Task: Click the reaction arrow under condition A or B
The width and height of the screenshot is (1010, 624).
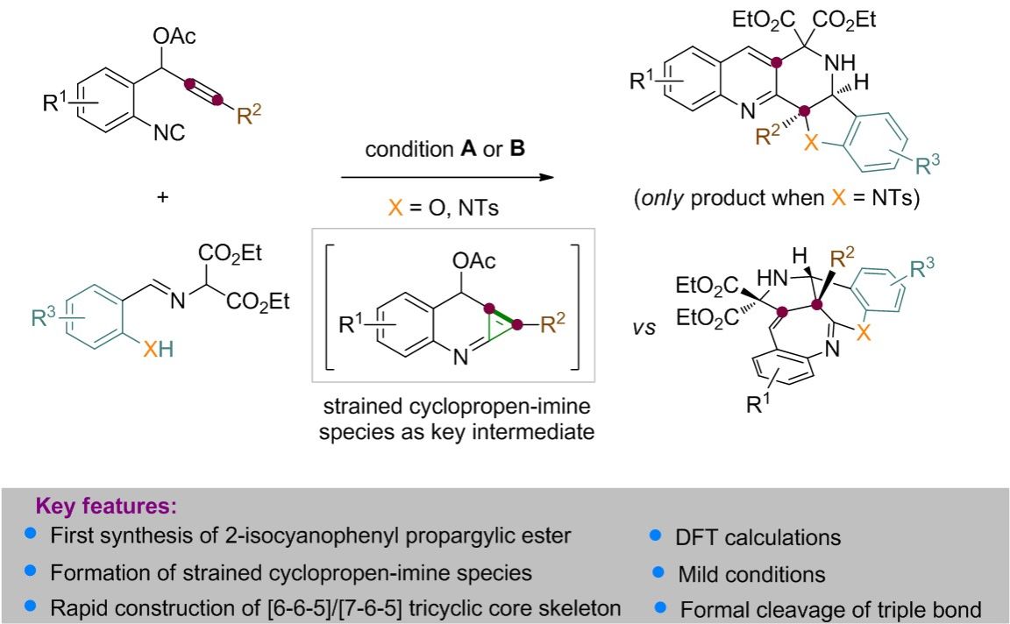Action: tap(447, 178)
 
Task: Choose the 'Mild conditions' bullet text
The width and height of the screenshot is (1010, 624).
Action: tap(751, 574)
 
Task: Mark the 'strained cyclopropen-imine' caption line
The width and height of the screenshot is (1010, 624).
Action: tap(453, 407)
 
